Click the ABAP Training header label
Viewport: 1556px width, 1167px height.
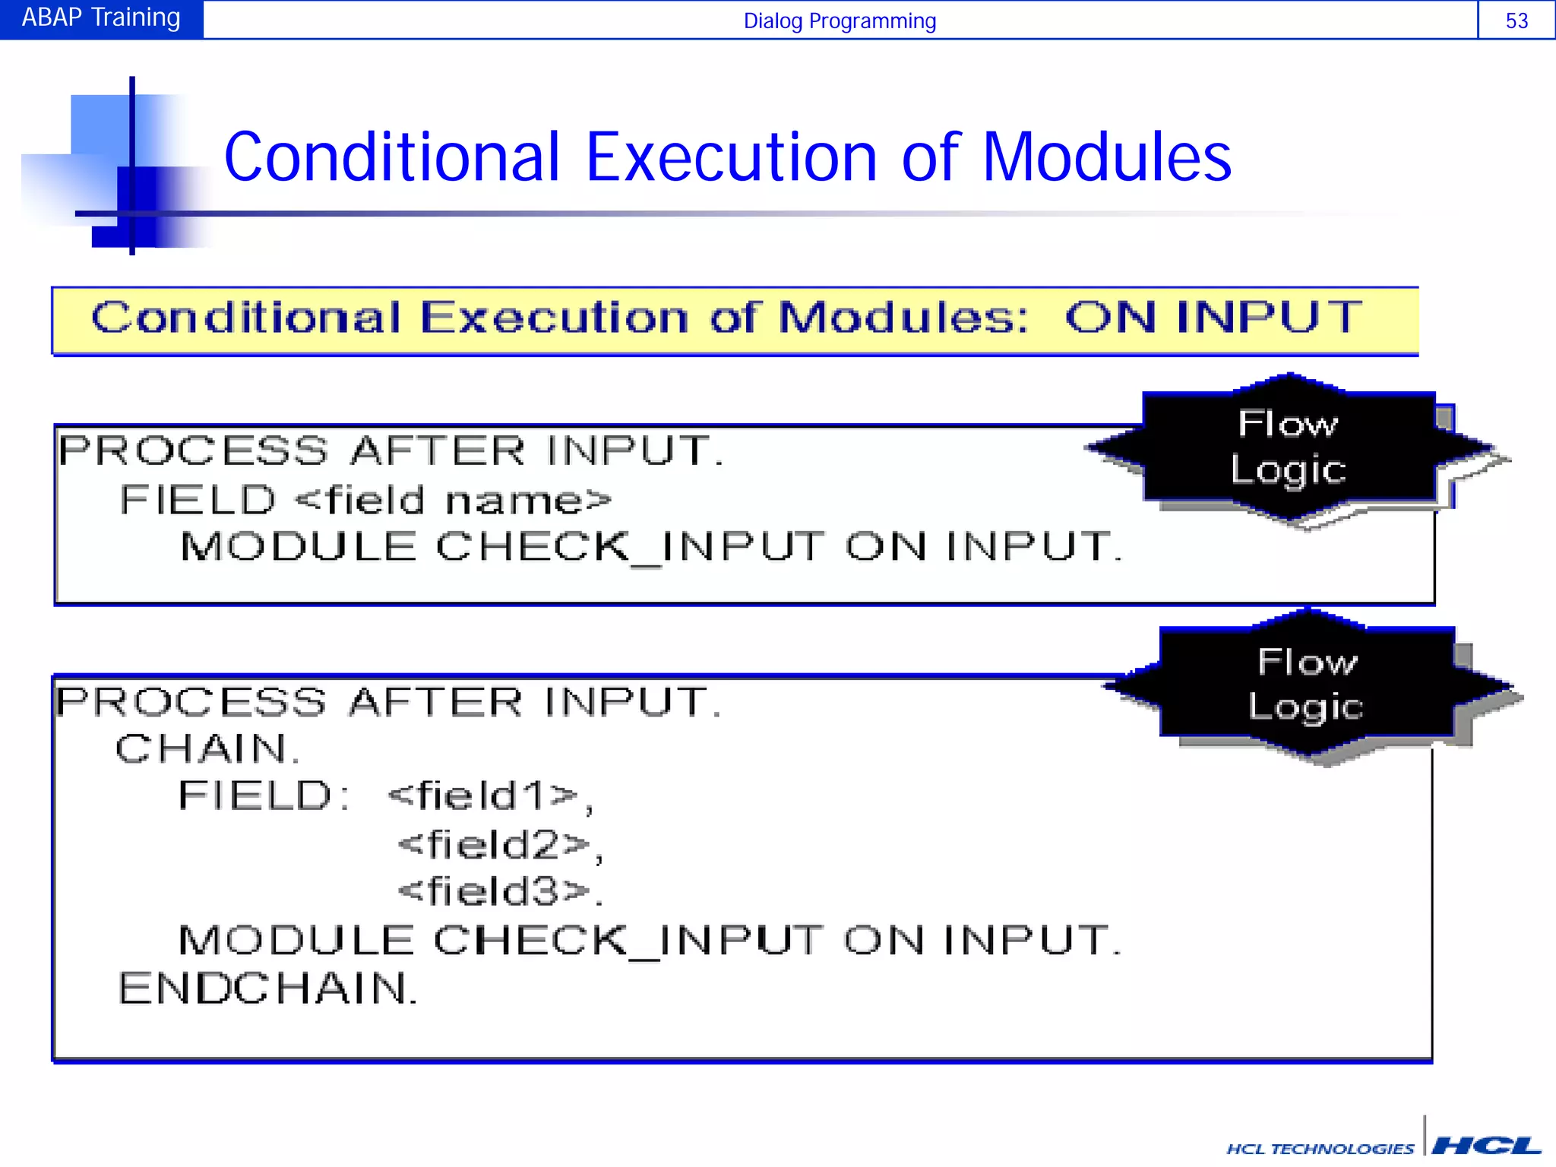[x=101, y=17]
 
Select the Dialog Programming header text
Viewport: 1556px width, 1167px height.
[x=840, y=21]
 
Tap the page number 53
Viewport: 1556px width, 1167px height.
[x=1516, y=21]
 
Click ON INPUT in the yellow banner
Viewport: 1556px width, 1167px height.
[x=1213, y=318]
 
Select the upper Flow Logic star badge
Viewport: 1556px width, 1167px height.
[x=1289, y=448]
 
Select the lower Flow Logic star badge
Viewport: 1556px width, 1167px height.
[x=1307, y=685]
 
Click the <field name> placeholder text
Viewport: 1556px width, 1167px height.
[x=453, y=501]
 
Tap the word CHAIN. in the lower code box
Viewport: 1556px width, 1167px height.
[x=207, y=749]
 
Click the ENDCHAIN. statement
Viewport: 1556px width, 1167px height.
[x=267, y=988]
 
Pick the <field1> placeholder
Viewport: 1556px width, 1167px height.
[x=484, y=796]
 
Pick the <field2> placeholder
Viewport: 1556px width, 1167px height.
[x=494, y=845]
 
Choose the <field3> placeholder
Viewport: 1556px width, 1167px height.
[x=494, y=891]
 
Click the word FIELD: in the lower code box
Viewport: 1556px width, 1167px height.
[x=263, y=796]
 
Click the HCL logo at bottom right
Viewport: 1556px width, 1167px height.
[x=1485, y=1145]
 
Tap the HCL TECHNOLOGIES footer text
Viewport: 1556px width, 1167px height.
[x=1320, y=1149]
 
